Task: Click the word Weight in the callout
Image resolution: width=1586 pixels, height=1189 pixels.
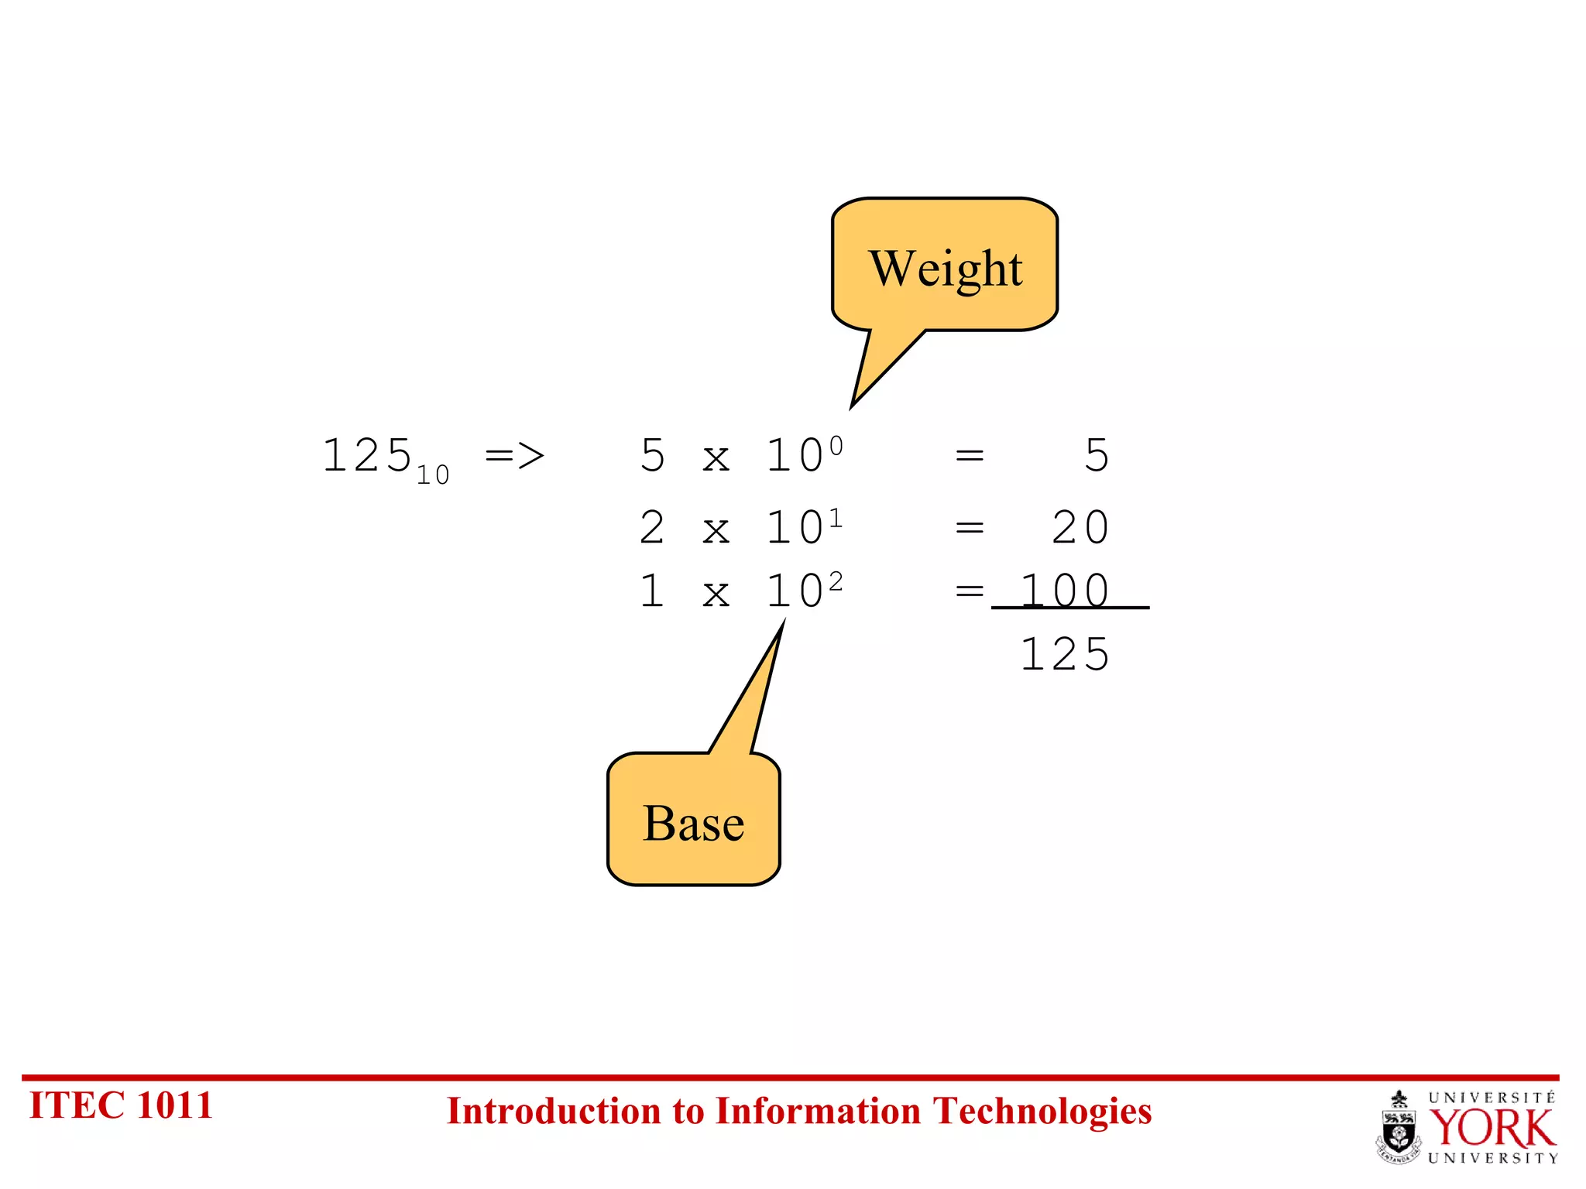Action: point(945,269)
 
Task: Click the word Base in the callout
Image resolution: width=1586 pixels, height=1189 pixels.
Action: point(693,823)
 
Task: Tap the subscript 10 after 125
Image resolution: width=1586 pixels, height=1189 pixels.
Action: point(433,475)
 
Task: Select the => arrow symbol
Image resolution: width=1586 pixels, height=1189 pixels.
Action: point(515,455)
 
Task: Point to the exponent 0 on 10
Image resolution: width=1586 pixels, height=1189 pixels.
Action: point(836,446)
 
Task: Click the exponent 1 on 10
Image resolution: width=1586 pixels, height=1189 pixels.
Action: point(836,517)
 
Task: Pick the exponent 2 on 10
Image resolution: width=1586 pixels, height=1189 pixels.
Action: point(836,581)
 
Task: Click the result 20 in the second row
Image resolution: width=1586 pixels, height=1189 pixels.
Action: point(1080,528)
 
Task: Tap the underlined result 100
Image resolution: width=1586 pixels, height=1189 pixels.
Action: point(1066,591)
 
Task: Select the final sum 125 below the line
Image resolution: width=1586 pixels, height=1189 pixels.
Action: point(1066,655)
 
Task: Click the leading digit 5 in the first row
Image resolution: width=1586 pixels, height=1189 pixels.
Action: point(652,455)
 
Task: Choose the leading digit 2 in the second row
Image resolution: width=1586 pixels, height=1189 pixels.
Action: point(652,528)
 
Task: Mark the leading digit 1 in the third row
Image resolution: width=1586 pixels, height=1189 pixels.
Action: point(652,591)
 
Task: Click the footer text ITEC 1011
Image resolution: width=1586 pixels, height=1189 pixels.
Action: point(121,1105)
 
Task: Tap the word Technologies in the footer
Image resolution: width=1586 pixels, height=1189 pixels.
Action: point(1042,1112)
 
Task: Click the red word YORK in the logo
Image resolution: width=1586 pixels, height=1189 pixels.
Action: point(1492,1128)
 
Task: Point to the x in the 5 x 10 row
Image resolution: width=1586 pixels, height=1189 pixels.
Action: point(716,458)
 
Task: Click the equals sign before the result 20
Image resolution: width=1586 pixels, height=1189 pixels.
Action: point(970,528)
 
